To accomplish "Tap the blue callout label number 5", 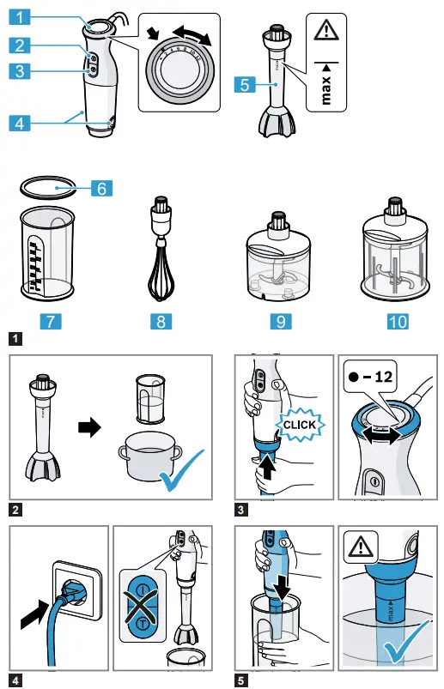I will [245, 85].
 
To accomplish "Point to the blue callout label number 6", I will [101, 187].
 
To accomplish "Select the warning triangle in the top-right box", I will [326, 32].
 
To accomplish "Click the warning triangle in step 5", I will [361, 546].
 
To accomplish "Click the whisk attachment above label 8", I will [158, 253].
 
